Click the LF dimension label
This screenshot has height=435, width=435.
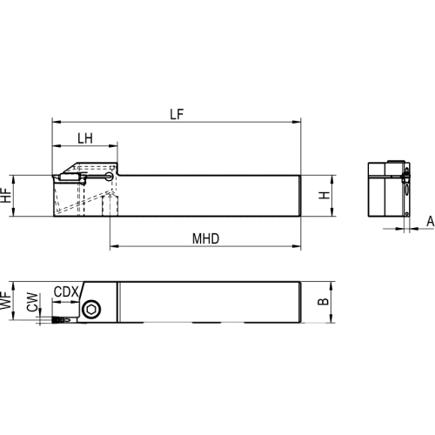click(x=177, y=114)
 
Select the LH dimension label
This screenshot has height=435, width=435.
click(x=85, y=138)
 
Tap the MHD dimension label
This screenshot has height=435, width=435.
click(x=205, y=238)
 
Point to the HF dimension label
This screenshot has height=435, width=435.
click(x=6, y=196)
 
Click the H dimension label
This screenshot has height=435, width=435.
click(x=325, y=195)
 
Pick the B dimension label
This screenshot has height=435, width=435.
click(x=324, y=302)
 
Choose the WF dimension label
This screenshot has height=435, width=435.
click(x=5, y=300)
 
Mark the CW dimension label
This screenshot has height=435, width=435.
click(x=32, y=302)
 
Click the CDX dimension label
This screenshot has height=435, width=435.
click(x=66, y=292)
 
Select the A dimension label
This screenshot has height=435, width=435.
click(x=431, y=222)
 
